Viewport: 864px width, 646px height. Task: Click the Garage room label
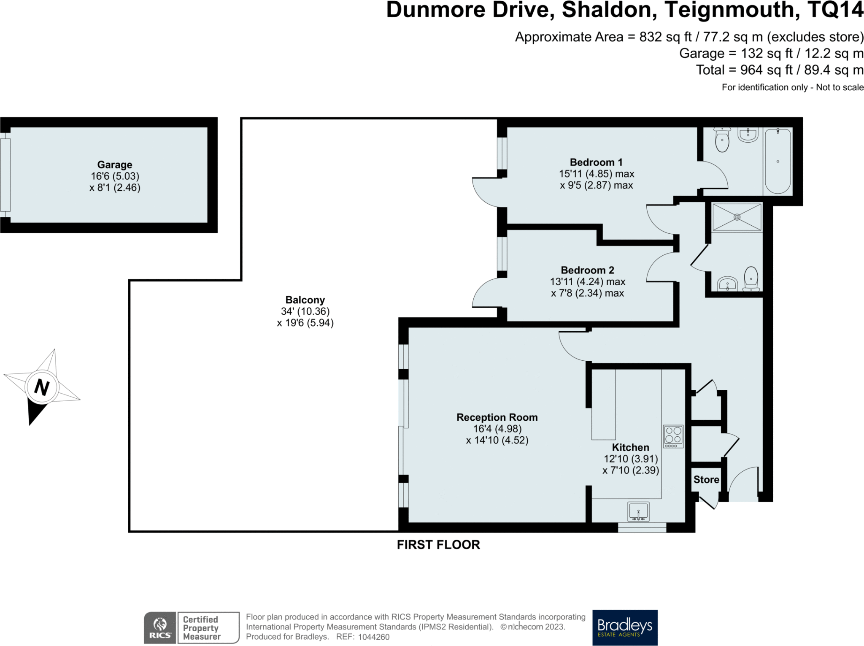tap(115, 165)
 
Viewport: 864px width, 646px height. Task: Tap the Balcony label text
tap(305, 300)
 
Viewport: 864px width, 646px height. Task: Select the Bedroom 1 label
tap(596, 162)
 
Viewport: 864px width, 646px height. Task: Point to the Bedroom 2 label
tap(587, 270)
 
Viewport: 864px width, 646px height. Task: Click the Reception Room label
tap(497, 417)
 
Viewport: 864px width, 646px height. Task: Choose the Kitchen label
tap(631, 447)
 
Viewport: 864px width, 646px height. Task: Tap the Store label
tap(706, 480)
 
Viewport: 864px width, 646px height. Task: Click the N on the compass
tap(42, 387)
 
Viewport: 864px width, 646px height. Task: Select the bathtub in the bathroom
tap(778, 161)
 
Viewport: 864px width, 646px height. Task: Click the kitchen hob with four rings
tap(673, 436)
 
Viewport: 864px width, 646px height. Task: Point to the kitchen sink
tap(638, 512)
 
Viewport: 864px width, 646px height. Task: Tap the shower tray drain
tap(737, 217)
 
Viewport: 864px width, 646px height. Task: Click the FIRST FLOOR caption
tap(438, 545)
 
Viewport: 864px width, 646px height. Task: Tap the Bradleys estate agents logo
tap(625, 627)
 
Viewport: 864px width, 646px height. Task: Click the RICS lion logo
tap(160, 627)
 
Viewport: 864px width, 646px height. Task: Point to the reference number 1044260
tap(374, 637)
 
